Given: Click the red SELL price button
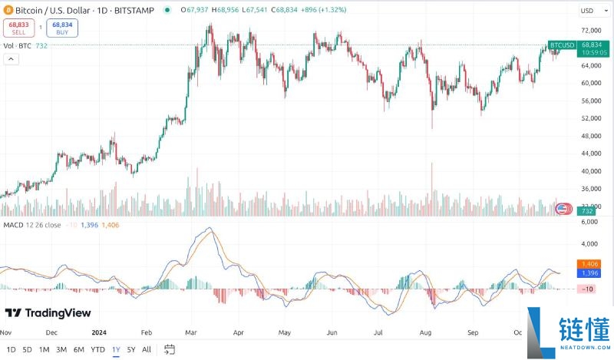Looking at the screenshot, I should pyautogui.click(x=18, y=28).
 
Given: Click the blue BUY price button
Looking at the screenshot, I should pyautogui.click(x=61, y=28).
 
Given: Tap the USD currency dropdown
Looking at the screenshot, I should pyautogui.click(x=589, y=10).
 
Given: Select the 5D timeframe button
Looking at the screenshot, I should pyautogui.click(x=27, y=350).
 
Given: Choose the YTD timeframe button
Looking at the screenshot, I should pyautogui.click(x=97, y=350).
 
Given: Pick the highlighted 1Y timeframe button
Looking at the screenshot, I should pyautogui.click(x=115, y=350).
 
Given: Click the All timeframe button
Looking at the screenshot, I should pyautogui.click(x=147, y=350).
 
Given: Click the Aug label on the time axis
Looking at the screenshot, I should pyautogui.click(x=426, y=333).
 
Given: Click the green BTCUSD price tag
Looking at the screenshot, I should pyautogui.click(x=563, y=45).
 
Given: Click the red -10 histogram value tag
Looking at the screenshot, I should pyautogui.click(x=588, y=289).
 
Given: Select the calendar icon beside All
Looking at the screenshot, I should pyautogui.click(x=170, y=350).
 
